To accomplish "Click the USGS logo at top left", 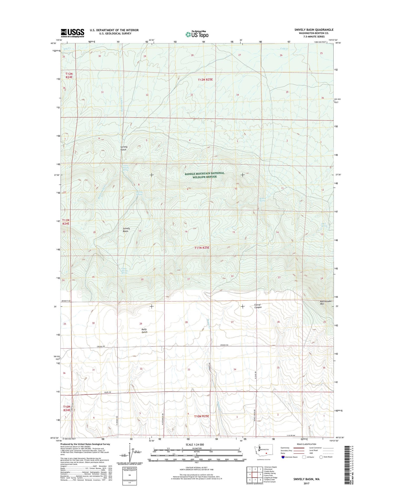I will point(72,33).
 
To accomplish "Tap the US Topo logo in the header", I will point(197,34).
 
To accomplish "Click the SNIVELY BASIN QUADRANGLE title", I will point(314,30).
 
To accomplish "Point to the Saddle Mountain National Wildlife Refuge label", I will point(204,175).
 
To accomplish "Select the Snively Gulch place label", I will point(124,148).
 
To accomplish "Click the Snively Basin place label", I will point(126,230).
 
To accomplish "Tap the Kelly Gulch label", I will point(144,331).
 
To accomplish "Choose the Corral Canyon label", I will point(258,306).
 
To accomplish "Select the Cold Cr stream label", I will point(284,49).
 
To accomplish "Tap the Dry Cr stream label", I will point(67,49).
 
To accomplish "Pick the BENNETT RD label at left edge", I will point(66,301).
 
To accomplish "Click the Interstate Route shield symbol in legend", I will point(283,457).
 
